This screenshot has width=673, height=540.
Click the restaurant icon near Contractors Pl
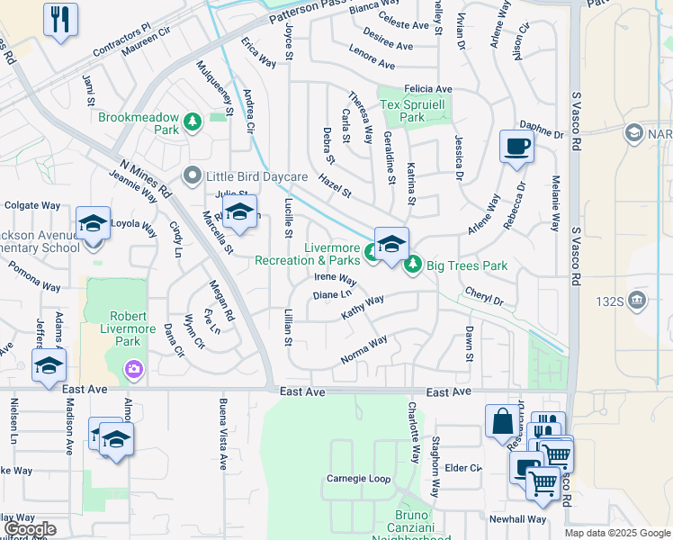(60, 19)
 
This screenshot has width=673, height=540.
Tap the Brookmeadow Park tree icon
(191, 121)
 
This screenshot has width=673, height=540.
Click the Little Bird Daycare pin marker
(191, 175)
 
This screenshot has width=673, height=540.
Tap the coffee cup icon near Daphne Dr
(516, 146)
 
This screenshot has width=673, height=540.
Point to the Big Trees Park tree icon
(413, 265)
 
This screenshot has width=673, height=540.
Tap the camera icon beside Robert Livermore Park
(133, 367)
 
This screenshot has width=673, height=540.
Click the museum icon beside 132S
(637, 300)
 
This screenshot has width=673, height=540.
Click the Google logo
(30, 529)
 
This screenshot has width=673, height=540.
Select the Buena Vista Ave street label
(222, 434)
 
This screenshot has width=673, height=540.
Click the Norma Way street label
(363, 350)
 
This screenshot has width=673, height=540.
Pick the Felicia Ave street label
(427, 89)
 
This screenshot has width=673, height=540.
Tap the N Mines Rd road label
(146, 177)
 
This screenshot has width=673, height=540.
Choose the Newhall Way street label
(517, 519)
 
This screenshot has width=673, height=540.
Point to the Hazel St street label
(334, 188)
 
